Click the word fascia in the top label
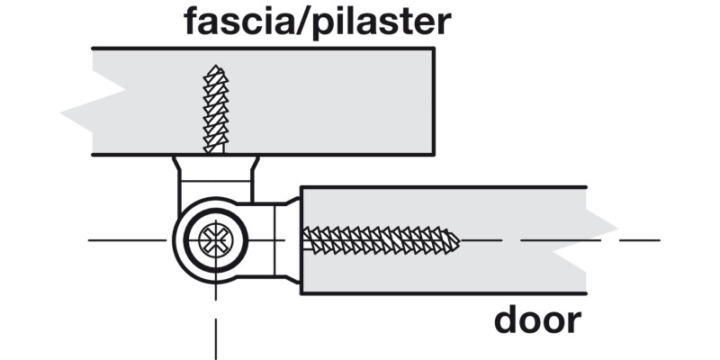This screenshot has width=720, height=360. pyautogui.click(x=241, y=22)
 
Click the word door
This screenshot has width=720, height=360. pyautogui.click(x=537, y=320)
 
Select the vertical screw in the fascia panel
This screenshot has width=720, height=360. pyautogui.click(x=214, y=108)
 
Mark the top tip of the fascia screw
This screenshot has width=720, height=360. pyautogui.click(x=215, y=67)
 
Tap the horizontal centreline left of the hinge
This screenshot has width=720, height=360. pyautogui.click(x=126, y=240)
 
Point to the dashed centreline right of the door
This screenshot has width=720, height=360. pyautogui.click(x=639, y=240)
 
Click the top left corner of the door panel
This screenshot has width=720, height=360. pyautogui.click(x=301, y=187)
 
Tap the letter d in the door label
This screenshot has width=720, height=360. pyautogui.click(x=506, y=320)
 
